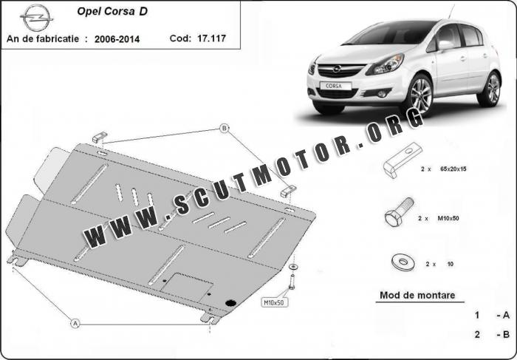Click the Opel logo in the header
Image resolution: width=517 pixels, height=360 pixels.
(x=36, y=18)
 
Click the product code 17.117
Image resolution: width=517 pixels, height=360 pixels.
(x=211, y=38)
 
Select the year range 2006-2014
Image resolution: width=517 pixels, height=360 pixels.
(x=117, y=39)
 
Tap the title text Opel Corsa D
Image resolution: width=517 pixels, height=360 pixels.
(x=112, y=12)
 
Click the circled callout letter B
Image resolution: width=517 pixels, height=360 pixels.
(x=225, y=129)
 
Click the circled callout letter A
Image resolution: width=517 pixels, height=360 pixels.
(x=75, y=323)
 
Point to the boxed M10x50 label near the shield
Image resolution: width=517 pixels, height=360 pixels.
(x=274, y=302)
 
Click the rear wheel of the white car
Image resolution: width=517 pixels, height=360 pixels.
(x=491, y=89)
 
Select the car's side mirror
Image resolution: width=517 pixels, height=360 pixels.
(x=445, y=45)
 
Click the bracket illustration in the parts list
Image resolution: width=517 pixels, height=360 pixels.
(x=402, y=160)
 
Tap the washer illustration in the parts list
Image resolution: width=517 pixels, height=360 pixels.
(x=403, y=262)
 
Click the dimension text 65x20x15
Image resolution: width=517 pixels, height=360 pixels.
(x=453, y=169)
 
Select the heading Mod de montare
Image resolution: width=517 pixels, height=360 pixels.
(x=417, y=295)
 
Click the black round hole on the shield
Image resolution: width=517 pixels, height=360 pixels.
(x=230, y=303)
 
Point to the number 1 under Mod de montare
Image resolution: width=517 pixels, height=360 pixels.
(x=477, y=315)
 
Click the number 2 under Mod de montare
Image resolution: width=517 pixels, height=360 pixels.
(x=477, y=335)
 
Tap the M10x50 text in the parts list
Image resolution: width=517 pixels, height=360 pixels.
(x=448, y=218)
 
